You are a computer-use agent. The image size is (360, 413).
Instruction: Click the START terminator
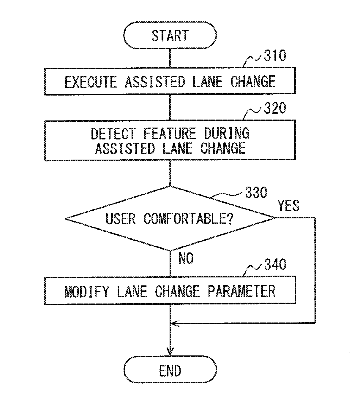click(170, 35)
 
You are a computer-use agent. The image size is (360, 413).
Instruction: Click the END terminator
click(170, 370)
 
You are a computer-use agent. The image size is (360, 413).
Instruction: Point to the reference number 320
click(275, 108)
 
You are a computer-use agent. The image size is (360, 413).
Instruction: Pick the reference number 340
click(275, 264)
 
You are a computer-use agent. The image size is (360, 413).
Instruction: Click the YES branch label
click(288, 206)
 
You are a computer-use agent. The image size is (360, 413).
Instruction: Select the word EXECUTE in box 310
click(91, 82)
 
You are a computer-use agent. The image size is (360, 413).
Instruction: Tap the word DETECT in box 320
click(113, 134)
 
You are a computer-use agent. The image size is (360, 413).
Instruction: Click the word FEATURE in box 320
click(170, 134)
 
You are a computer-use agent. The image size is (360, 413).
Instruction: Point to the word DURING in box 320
click(227, 134)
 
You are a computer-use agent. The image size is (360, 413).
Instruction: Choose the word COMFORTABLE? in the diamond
click(189, 219)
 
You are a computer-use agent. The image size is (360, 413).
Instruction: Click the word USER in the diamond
click(120, 219)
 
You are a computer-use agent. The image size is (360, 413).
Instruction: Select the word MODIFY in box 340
click(87, 291)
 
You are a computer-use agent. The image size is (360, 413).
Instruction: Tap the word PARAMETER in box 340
click(241, 291)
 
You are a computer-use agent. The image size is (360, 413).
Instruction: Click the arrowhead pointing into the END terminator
click(170, 352)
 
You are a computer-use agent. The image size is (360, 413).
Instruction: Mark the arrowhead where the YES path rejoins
click(175, 324)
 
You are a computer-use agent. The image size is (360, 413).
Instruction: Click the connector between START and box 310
click(170, 58)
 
